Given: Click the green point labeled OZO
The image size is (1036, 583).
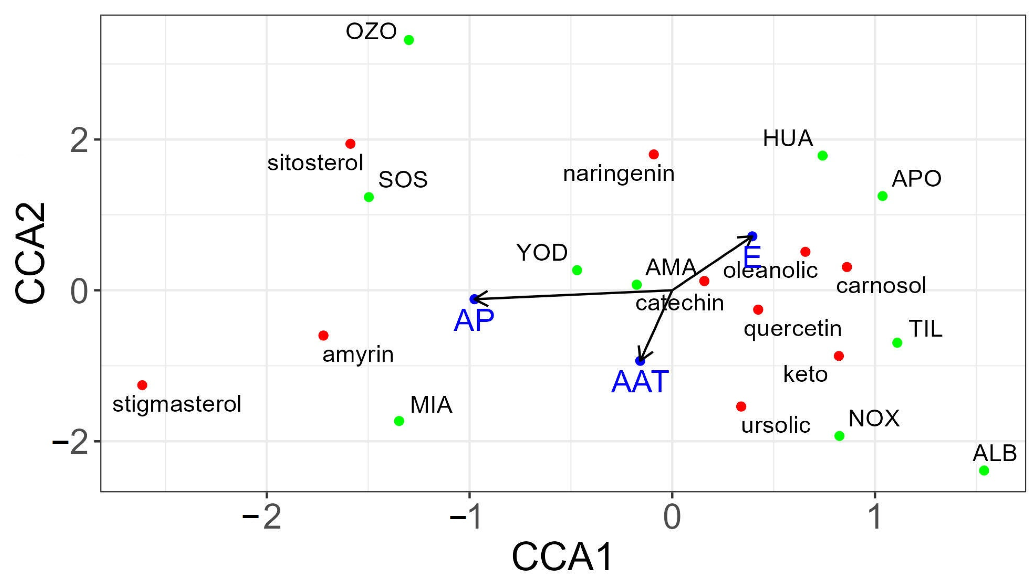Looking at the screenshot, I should coord(409,40).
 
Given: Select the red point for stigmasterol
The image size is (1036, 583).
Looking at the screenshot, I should coord(142,385).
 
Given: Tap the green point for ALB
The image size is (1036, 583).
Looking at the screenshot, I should coord(984,470).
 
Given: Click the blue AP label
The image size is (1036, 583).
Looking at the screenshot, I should coord(474,321).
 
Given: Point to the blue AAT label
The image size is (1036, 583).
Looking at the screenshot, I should coord(640,382).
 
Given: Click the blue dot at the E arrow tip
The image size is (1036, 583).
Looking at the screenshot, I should coord(752,236).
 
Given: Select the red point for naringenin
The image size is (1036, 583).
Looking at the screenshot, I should coord(653,154).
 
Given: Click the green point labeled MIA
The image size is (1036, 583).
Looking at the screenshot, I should coord(399,421).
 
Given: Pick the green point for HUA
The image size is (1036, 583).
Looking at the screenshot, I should coord(823,156).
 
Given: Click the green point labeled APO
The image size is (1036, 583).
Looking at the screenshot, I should coord(882,196).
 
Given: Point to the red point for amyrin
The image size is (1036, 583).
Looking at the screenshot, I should coord(323,335).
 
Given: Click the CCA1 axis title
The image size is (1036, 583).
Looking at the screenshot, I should coord(562,557).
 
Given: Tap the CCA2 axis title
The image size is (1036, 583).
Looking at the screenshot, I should coord(31,253).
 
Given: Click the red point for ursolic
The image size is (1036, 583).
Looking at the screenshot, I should coord(741,407).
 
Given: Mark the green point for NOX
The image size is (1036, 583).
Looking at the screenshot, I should coord(839,436).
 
